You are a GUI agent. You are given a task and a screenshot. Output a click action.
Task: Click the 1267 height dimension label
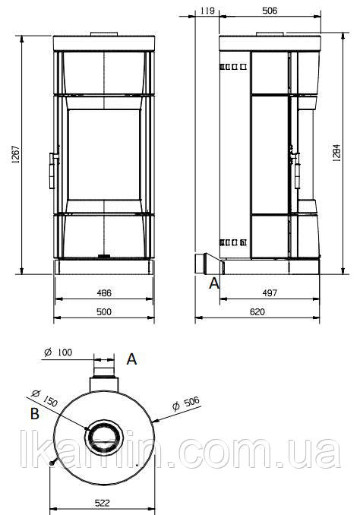(16, 154)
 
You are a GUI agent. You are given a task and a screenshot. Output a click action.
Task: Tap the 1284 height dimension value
(336, 153)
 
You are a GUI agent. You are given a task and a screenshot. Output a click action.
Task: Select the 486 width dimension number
(104, 292)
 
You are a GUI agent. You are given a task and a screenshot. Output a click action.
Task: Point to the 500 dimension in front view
(104, 311)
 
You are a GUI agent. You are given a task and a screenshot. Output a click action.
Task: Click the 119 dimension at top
(207, 11)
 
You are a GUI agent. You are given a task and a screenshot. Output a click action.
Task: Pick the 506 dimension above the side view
(270, 11)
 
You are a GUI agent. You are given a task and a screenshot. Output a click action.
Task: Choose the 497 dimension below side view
(270, 292)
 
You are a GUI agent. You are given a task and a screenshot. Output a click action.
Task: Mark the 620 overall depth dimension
(257, 311)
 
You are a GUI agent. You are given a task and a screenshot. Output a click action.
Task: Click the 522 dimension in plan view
(103, 503)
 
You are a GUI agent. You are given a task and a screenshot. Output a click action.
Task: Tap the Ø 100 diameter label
(58, 352)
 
